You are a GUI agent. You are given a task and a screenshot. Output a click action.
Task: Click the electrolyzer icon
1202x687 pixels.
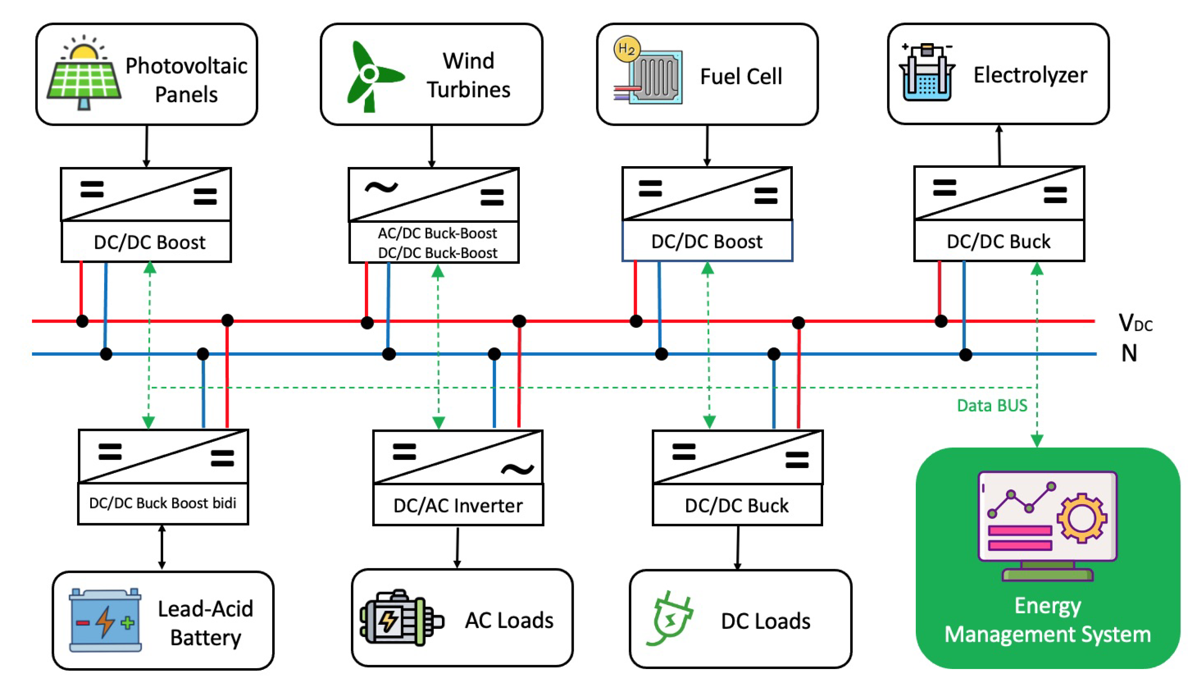926,73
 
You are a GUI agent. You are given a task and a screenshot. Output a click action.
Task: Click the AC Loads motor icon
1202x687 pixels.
400,618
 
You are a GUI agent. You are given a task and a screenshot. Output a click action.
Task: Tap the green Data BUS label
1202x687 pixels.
991,406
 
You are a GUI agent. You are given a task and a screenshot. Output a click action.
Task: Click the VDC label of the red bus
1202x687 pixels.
1135,324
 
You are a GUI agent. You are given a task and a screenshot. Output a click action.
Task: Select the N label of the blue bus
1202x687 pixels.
1129,353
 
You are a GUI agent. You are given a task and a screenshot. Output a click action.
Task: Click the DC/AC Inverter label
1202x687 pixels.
457,506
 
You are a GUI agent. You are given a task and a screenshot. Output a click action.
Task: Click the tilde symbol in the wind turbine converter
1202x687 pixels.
381,188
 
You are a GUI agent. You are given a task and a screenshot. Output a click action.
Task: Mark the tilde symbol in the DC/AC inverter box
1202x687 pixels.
517,469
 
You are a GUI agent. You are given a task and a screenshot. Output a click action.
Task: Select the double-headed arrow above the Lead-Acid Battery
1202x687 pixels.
162,547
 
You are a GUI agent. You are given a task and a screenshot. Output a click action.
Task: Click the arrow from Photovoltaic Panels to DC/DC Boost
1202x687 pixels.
146,146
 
